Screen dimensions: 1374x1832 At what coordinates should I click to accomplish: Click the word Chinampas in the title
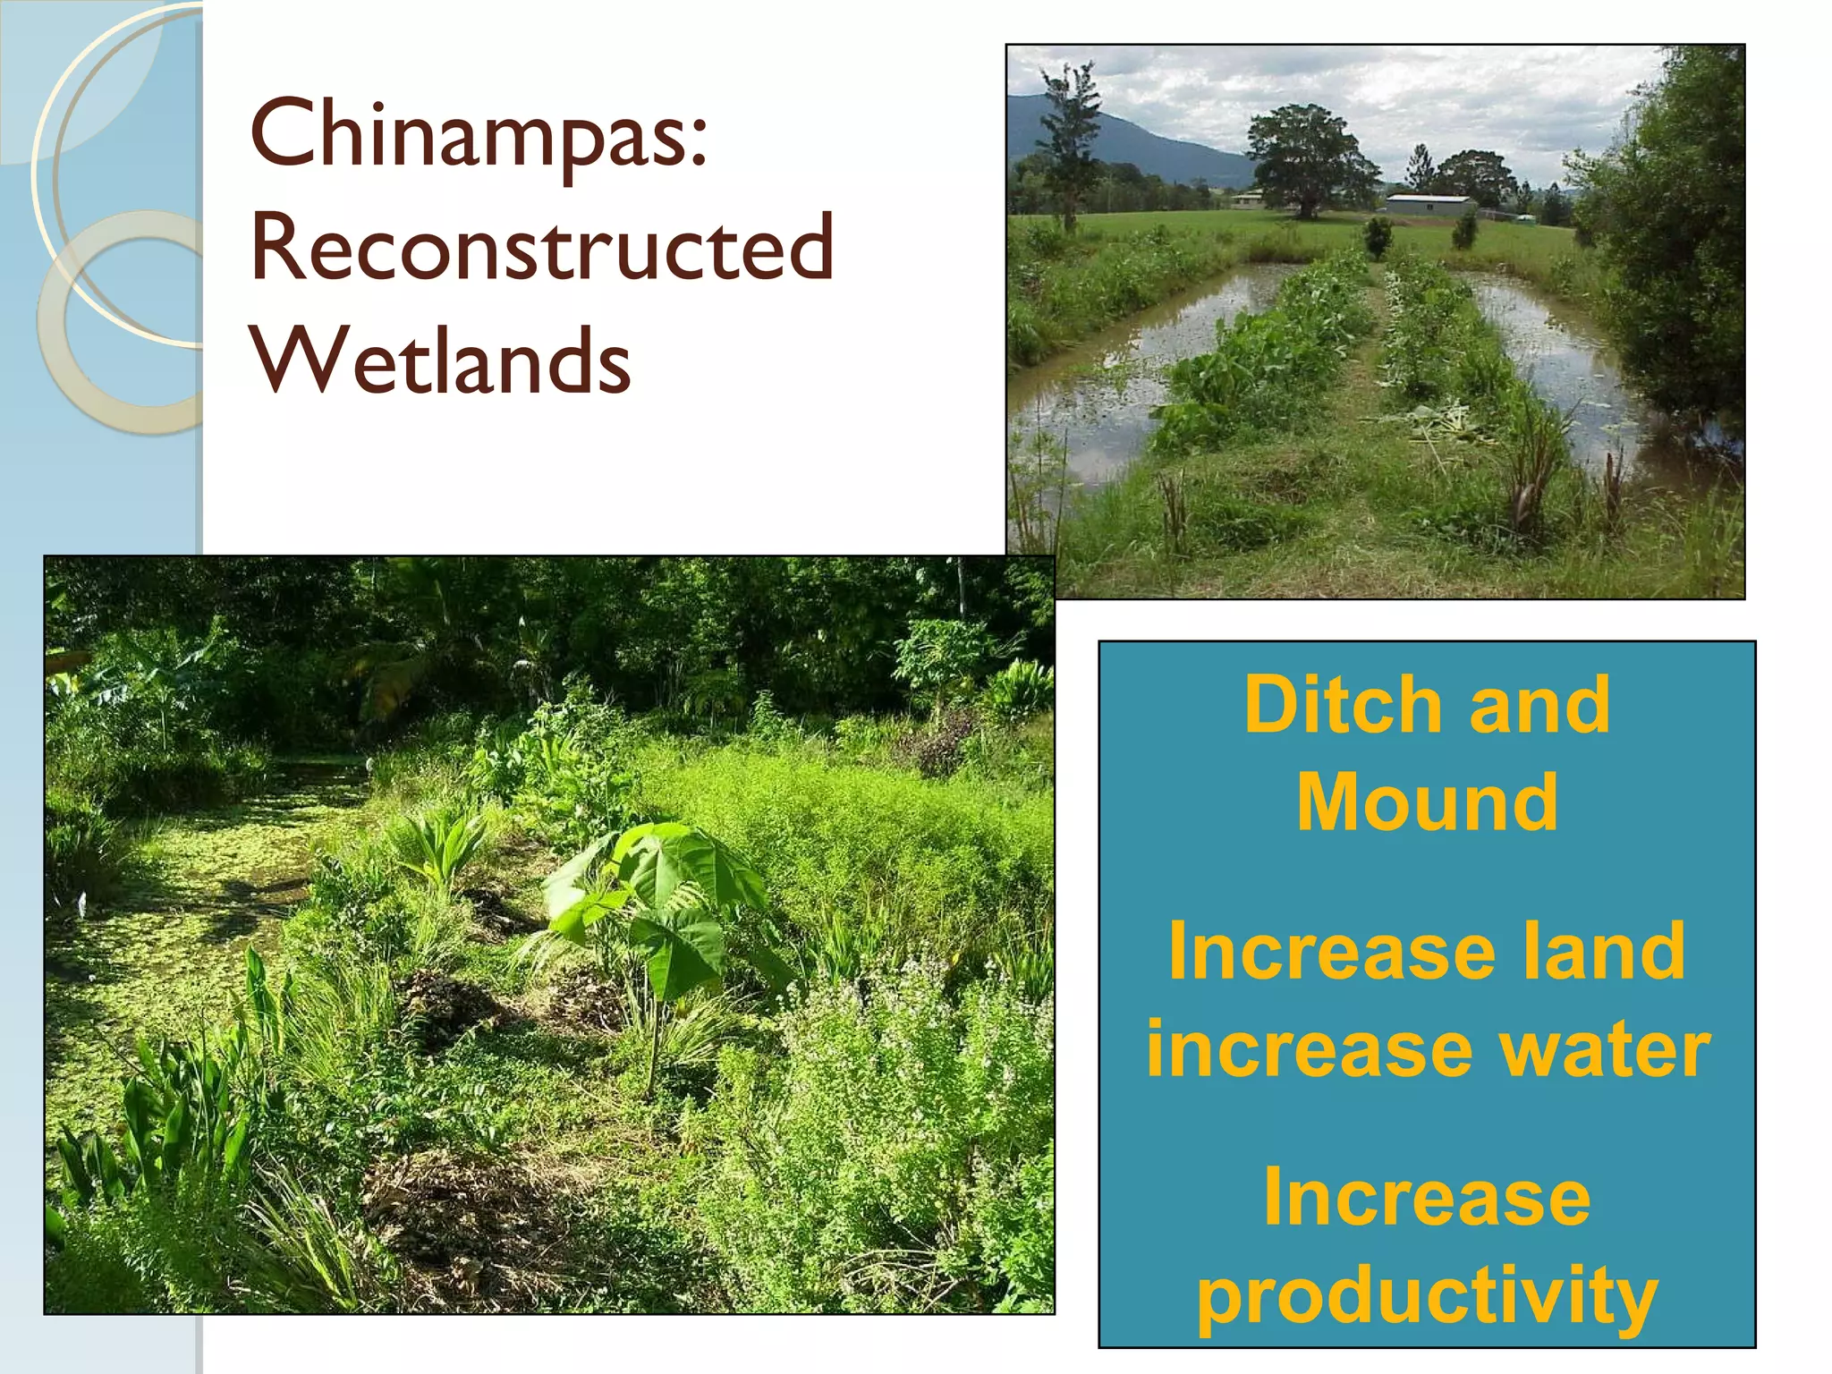click(465, 136)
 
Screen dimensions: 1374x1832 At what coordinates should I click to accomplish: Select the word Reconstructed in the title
click(541, 248)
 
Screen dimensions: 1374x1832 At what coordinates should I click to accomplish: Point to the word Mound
click(1427, 802)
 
